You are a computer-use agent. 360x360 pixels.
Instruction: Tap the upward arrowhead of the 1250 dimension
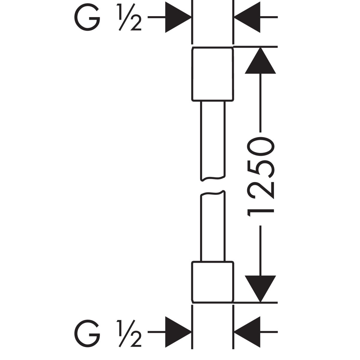(x=260, y=61)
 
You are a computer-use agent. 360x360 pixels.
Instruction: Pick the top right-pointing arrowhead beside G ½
(x=178, y=18)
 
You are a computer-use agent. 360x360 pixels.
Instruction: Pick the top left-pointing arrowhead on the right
(x=247, y=18)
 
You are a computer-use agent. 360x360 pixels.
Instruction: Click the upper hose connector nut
(x=212, y=73)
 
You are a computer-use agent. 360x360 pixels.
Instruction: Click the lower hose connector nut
(x=212, y=281)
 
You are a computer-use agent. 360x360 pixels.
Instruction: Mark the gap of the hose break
(x=212, y=186)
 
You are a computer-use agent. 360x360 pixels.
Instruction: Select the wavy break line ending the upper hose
(x=212, y=179)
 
